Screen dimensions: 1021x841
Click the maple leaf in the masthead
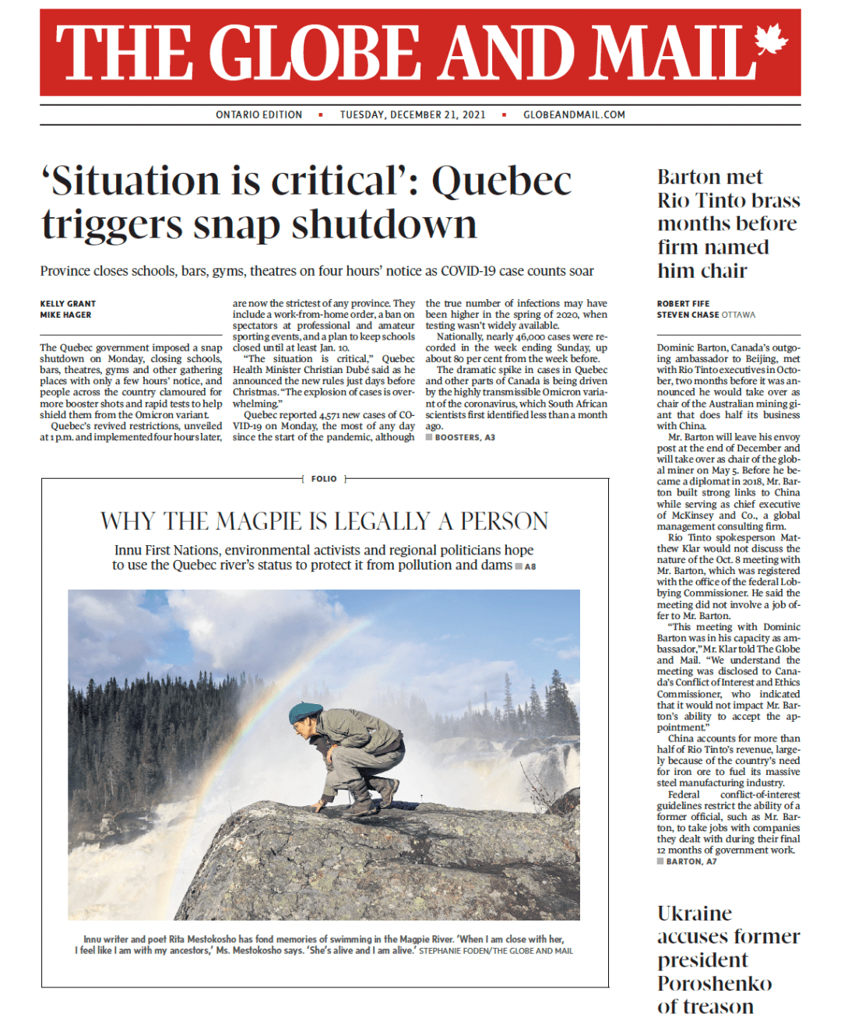(x=770, y=42)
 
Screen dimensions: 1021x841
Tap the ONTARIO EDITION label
(x=259, y=114)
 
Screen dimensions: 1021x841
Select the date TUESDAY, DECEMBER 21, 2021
(x=413, y=114)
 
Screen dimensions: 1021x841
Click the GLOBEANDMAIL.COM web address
(x=574, y=114)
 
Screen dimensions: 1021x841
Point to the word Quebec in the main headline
(x=501, y=181)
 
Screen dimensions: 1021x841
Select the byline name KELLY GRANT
(x=68, y=304)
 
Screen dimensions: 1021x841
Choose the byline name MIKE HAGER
(x=65, y=315)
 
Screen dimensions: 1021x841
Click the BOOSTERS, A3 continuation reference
(x=464, y=438)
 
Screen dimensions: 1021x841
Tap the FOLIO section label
(x=324, y=479)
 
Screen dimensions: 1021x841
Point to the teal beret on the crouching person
(x=304, y=711)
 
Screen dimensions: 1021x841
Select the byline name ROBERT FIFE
(x=683, y=304)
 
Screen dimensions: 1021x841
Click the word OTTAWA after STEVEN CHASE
(x=738, y=315)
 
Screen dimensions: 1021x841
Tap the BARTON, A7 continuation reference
(x=691, y=861)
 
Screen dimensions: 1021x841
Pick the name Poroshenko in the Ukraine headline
(x=714, y=983)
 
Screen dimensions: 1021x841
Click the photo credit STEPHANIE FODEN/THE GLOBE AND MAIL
(x=496, y=951)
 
